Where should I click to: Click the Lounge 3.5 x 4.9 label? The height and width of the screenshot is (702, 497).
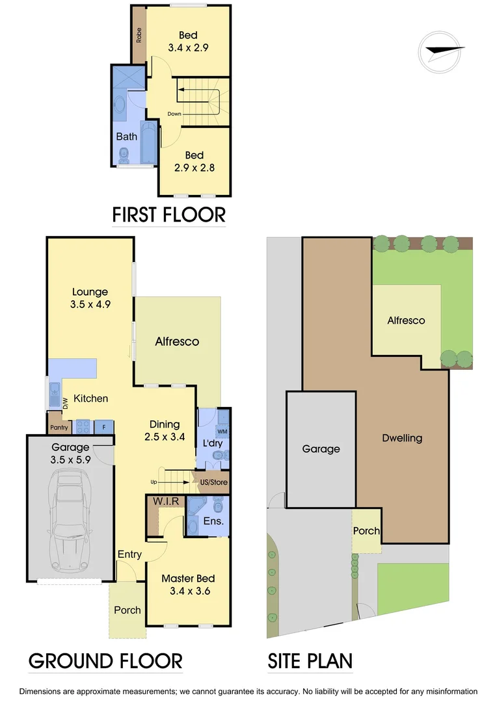[x=90, y=298]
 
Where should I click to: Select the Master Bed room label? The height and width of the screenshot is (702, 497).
[x=187, y=585]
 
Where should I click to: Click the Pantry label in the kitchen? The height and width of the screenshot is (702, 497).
[x=55, y=428]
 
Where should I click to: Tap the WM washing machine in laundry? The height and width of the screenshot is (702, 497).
[x=222, y=432]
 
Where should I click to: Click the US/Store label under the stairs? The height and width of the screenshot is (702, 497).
[x=211, y=482]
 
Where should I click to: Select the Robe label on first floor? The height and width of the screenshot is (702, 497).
[x=139, y=35]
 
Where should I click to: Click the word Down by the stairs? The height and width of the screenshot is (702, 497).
[x=174, y=114]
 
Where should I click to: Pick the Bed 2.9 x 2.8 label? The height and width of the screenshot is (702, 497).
[x=194, y=161]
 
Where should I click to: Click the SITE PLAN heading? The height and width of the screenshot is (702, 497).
[x=310, y=661]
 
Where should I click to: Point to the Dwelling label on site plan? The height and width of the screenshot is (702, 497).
[x=401, y=438]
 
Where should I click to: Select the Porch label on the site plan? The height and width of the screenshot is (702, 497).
[x=366, y=530]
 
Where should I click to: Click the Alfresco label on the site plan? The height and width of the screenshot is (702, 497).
[x=406, y=320]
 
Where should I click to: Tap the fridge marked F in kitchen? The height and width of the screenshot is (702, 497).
[x=102, y=427]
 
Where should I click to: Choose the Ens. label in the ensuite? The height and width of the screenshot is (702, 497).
[x=214, y=521]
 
